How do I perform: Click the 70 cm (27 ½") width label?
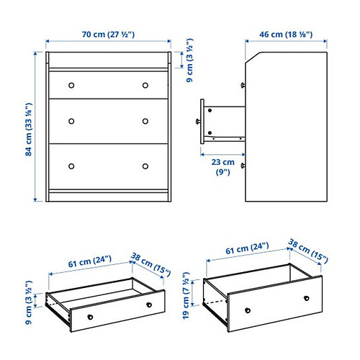[108, 33]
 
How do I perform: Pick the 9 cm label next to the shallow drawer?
[29, 305]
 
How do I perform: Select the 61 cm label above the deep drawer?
[243, 249]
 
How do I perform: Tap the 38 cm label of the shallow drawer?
[152, 265]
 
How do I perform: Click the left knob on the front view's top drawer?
[71, 85]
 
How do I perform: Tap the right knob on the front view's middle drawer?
[145, 120]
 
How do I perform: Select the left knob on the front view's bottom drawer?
[71, 166]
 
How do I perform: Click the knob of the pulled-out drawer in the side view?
[196, 122]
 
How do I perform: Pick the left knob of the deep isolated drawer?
[247, 310]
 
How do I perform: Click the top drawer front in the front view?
[108, 85]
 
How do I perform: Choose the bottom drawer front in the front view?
[108, 166]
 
